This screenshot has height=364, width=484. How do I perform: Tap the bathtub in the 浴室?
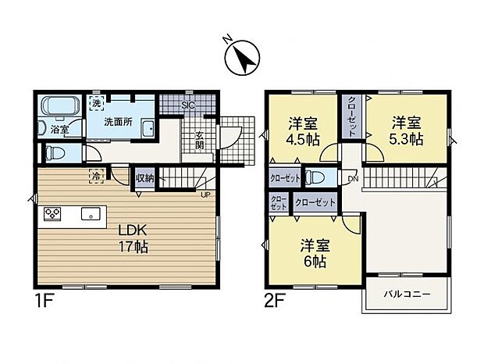[59, 108]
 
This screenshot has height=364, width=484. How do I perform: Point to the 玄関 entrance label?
[200, 140]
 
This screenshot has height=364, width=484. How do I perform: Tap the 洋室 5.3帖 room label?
[407, 130]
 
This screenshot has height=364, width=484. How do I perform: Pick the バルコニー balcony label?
[406, 295]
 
